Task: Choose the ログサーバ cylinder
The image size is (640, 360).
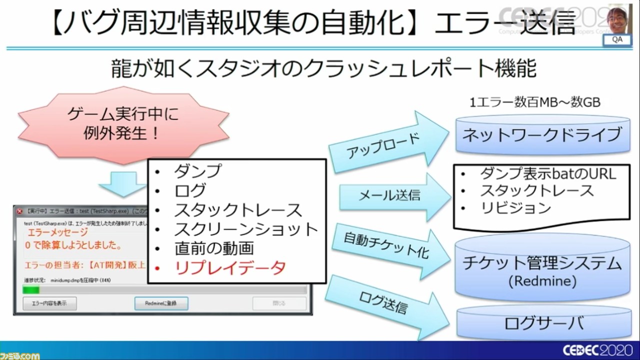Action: pos(542,322)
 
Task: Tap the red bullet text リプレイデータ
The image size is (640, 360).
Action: pos(230,268)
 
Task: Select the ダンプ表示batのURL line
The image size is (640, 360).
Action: pos(548,173)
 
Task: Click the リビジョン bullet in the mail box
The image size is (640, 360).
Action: pos(515,207)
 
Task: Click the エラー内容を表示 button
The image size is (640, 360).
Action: pos(49,303)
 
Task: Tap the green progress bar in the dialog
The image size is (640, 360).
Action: pos(31,290)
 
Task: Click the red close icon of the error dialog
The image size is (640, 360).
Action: pos(19,211)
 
